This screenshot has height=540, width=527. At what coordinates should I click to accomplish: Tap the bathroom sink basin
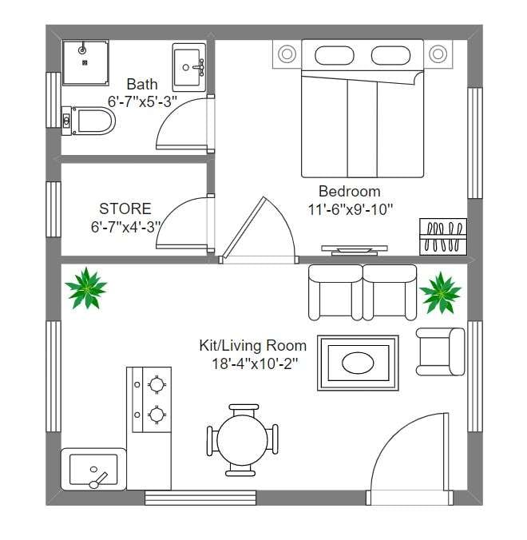point(188,67)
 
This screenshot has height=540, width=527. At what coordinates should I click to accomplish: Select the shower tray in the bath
point(85,62)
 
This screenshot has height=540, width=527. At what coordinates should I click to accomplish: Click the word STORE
point(125,208)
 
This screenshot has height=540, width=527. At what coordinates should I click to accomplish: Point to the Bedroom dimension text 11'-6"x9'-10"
point(350,209)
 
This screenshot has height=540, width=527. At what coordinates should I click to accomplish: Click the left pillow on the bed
point(335,55)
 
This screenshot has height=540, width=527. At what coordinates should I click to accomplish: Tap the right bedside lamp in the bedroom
point(438,54)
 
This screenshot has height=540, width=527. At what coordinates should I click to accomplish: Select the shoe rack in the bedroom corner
point(443,236)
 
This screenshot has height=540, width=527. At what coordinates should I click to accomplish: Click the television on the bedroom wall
point(355,250)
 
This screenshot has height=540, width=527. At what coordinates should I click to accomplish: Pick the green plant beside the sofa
point(440,292)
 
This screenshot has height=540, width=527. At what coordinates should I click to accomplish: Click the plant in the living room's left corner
point(86,288)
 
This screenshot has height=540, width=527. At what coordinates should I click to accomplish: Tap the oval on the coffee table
point(358,363)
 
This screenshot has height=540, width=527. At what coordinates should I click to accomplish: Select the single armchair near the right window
point(440,351)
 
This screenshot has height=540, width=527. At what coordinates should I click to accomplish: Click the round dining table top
point(242,440)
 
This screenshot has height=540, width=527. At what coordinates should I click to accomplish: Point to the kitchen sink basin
point(93,470)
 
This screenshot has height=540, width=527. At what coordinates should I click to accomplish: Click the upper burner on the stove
point(157,383)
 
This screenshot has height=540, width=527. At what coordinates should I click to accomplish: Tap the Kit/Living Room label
point(252,345)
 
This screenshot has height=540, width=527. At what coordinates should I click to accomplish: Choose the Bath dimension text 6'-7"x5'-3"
point(142,101)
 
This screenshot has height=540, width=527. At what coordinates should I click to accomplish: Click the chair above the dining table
point(244,410)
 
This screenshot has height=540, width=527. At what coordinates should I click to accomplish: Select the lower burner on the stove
point(157,415)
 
